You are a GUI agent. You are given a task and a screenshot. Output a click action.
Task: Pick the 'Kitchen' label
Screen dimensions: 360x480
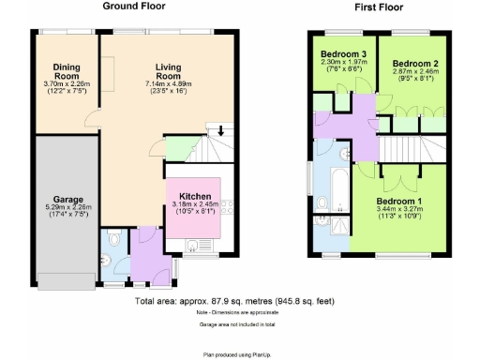click(x=194, y=197)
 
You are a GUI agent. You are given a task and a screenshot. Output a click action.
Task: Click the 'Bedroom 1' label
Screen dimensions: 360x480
click(x=399, y=202)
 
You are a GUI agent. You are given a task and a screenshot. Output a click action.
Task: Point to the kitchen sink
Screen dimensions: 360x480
click(x=192, y=246)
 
